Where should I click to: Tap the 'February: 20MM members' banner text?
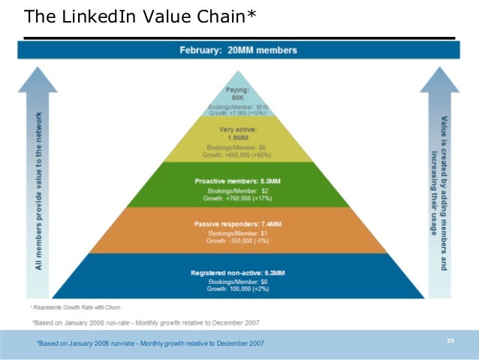pos(238,50)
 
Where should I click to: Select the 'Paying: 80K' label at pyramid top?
pos(239,93)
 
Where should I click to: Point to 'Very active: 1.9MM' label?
pos(238,133)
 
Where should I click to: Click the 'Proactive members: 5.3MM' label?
pos(238,181)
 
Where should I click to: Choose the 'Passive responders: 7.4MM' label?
pos(238,224)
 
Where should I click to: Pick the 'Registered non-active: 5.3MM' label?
pos(238,271)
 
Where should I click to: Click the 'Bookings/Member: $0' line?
pos(238,281)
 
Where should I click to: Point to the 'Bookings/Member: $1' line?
pos(238,234)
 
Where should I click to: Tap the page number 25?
pos(450,341)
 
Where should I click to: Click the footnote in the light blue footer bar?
pos(150,343)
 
